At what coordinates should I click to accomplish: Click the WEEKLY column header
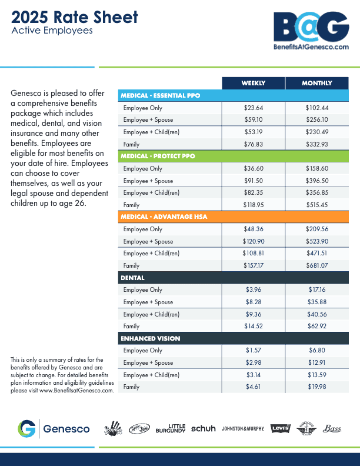tap(253, 83)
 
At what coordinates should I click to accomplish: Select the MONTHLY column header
tap(316, 83)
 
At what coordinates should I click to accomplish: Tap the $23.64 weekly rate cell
tap(253, 108)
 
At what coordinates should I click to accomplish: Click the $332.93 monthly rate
tap(316, 144)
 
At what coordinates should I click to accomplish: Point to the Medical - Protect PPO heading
tap(158, 157)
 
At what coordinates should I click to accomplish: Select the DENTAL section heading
tap(133, 278)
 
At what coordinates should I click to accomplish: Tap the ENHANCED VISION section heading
tap(150, 338)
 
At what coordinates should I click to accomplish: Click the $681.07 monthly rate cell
tap(316, 265)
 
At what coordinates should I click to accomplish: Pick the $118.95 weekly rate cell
tap(253, 205)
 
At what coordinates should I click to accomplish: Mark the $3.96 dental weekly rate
tap(253, 289)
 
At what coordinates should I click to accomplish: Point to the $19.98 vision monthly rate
tap(316, 387)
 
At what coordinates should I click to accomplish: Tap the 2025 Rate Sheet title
tap(74, 17)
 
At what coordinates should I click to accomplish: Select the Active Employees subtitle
tap(52, 31)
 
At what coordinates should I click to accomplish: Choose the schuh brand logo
tap(204, 428)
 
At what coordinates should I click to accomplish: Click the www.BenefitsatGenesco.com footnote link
tap(76, 390)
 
